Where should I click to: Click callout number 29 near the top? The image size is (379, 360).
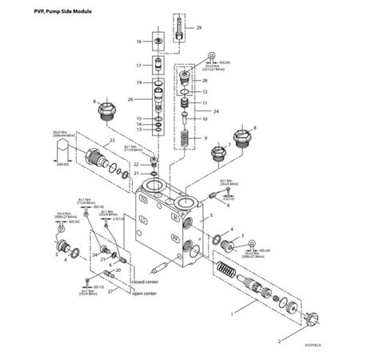[x=200, y=28]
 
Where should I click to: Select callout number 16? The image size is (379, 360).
[x=138, y=41]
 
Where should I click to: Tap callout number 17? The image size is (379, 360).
[x=138, y=66]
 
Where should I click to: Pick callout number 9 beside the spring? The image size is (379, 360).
[x=205, y=138]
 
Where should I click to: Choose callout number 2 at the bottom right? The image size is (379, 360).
[x=279, y=339]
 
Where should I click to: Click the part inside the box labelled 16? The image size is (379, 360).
[x=159, y=41]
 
